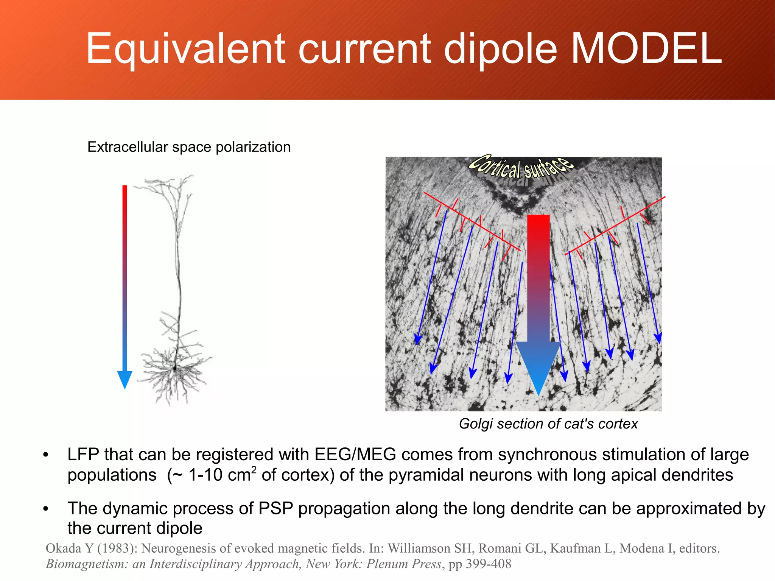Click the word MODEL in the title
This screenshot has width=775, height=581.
(x=646, y=48)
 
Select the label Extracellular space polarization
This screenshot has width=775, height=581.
(x=189, y=147)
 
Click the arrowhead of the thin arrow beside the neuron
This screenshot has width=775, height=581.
(x=124, y=379)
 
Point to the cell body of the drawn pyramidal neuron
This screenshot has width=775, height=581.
(x=175, y=367)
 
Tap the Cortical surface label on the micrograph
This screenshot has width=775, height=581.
(x=521, y=167)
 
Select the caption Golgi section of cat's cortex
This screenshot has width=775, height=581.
(x=548, y=424)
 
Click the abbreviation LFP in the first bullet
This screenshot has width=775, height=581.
(x=83, y=455)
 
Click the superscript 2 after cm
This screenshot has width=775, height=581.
(x=254, y=470)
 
